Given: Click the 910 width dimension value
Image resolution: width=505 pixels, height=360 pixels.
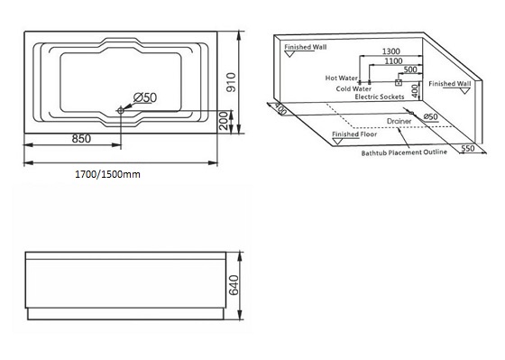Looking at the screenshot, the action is (x=231, y=82).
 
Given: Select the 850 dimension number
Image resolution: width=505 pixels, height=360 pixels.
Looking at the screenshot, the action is (x=81, y=139).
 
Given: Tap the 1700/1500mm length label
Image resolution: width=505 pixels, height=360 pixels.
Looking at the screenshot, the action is (x=107, y=174).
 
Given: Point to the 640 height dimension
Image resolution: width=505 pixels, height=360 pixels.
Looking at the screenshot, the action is (x=234, y=285).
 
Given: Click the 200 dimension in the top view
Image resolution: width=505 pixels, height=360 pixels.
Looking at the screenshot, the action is (x=224, y=121).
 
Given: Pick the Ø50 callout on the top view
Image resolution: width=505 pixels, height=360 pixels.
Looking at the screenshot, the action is (x=145, y=97).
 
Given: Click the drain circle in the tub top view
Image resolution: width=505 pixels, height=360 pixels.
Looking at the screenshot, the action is (x=121, y=111).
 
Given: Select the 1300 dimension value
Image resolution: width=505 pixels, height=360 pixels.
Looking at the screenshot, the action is (x=391, y=51).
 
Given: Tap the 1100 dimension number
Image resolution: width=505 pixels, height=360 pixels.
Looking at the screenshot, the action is (x=393, y=61).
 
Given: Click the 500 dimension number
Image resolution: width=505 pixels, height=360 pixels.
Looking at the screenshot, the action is (x=410, y=69).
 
